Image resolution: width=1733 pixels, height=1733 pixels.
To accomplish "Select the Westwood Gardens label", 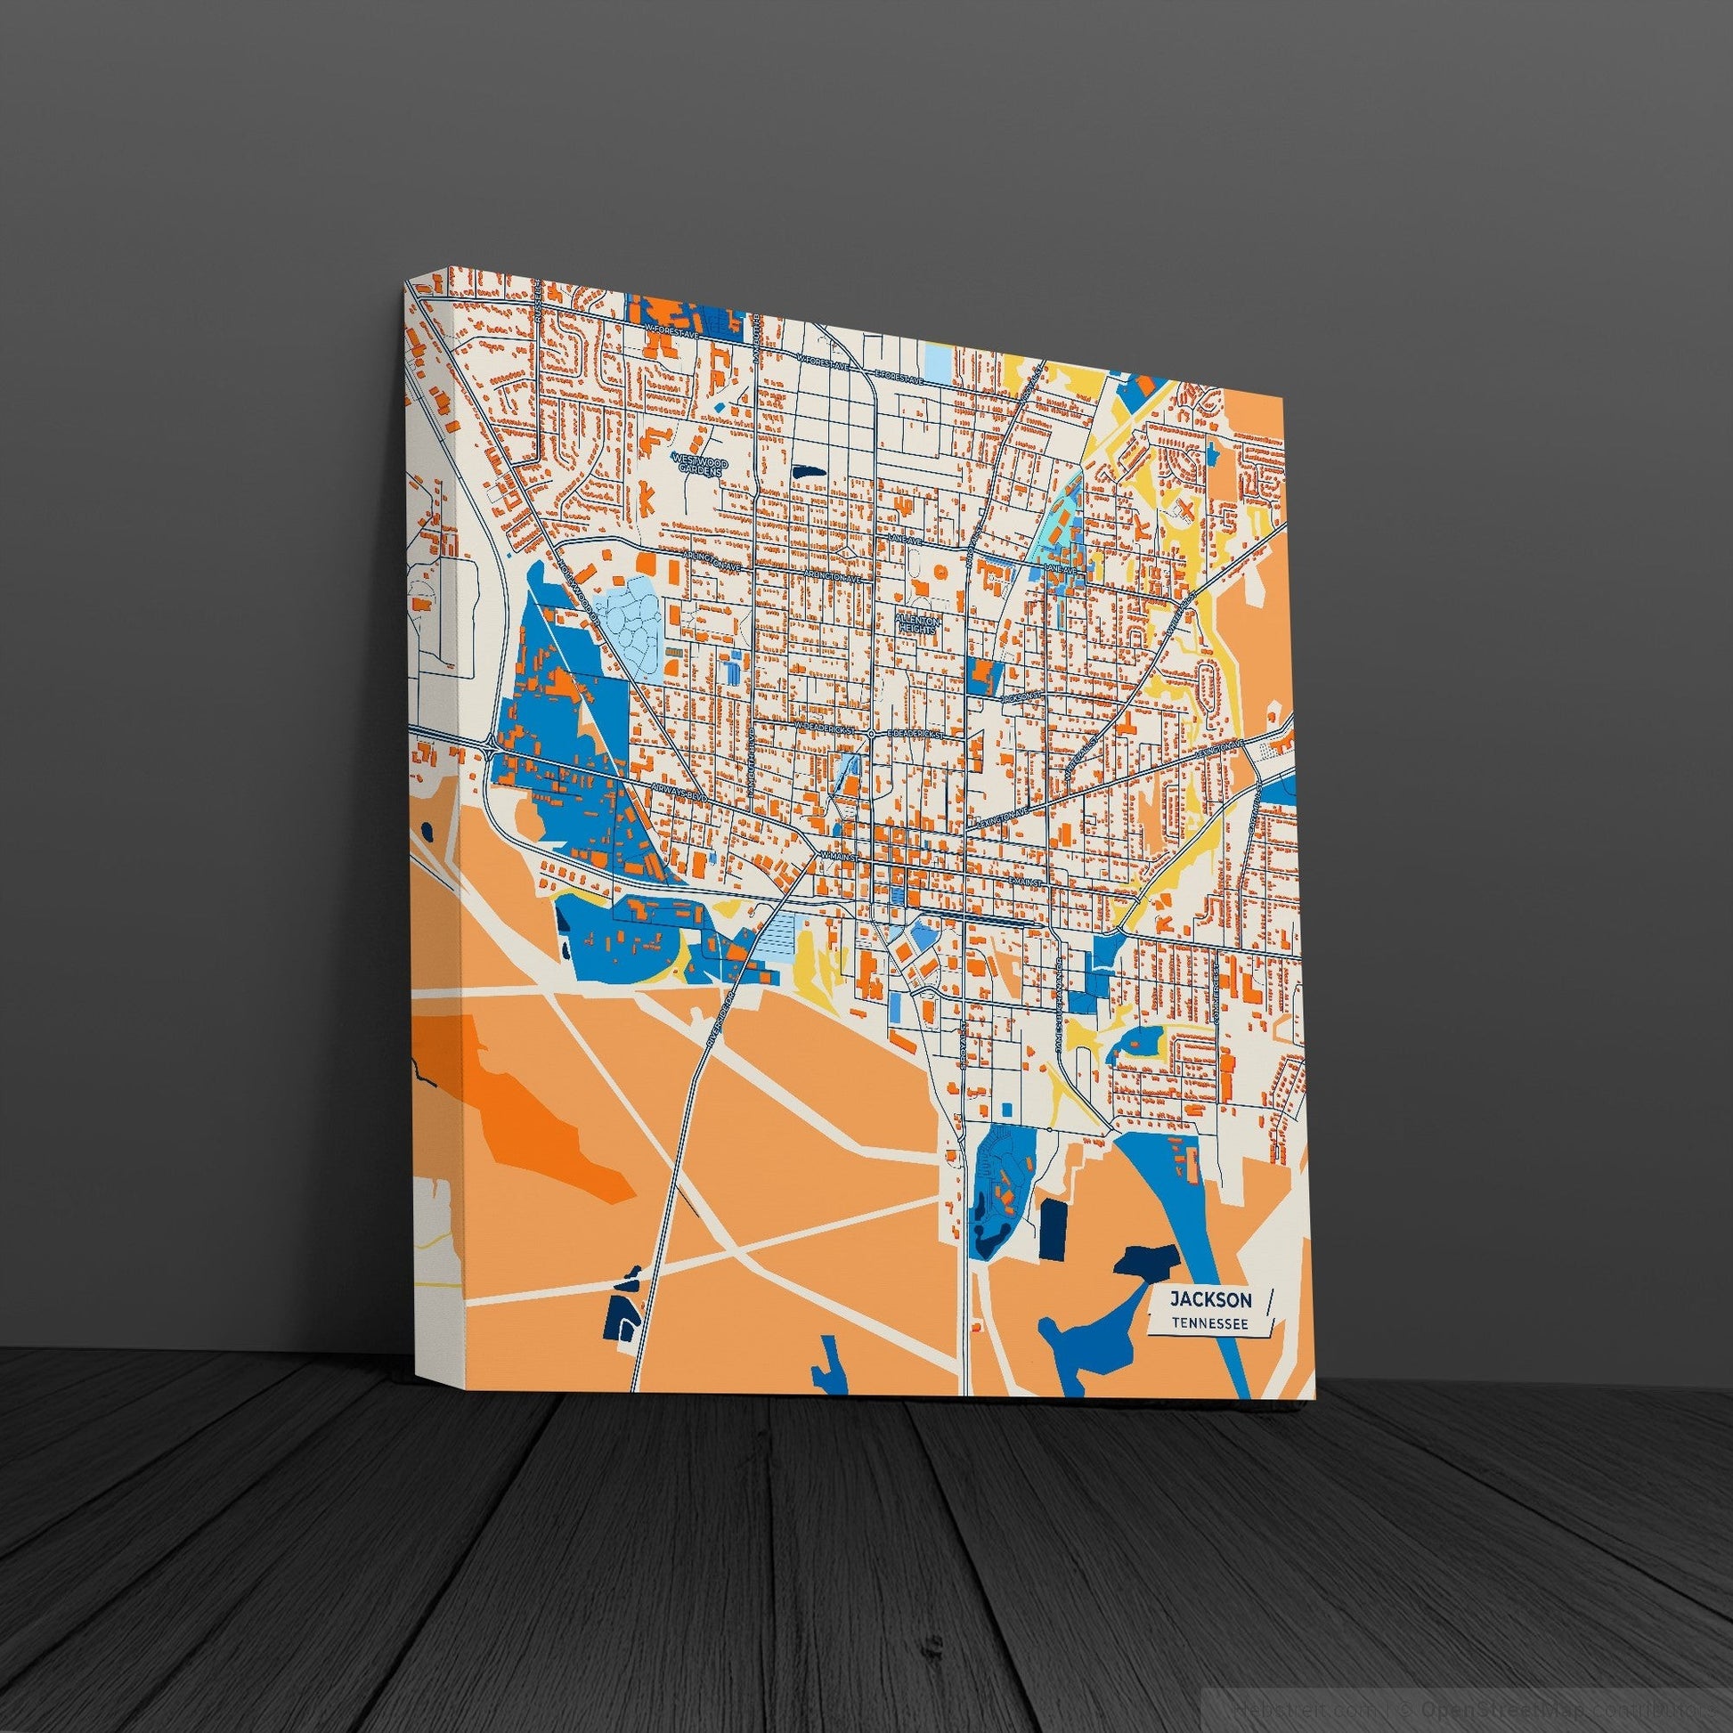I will point(702,463).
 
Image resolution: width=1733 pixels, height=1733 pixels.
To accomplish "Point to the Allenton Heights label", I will point(916,625).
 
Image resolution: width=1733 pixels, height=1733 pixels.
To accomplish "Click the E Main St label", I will point(1024,883).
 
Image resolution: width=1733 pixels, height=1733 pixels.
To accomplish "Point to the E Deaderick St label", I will point(912,734).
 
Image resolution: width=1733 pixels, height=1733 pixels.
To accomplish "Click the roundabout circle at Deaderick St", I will point(871,733).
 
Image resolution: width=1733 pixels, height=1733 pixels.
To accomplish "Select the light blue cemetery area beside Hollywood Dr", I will point(633,618).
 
